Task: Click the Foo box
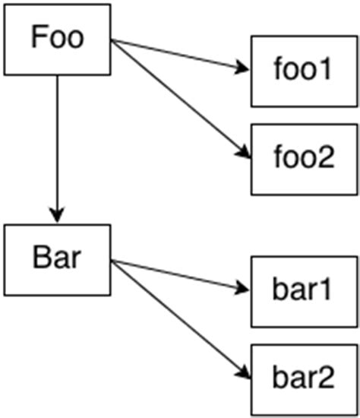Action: coord(57,40)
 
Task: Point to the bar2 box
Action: coord(302,378)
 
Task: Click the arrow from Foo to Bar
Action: coord(57,144)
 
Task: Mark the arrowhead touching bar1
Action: coord(242,290)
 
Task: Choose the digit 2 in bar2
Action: coord(326,378)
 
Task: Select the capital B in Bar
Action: coord(42,258)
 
